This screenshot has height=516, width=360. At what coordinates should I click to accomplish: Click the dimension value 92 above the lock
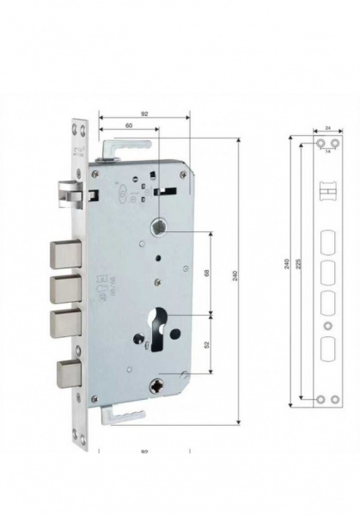point(143,112)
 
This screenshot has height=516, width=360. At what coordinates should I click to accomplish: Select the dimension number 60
point(129,126)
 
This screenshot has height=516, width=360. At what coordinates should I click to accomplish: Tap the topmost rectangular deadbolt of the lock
point(66,254)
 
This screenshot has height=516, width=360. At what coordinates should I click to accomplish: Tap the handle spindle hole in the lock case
point(160,227)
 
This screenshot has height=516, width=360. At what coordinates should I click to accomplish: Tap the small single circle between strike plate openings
point(326,328)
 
